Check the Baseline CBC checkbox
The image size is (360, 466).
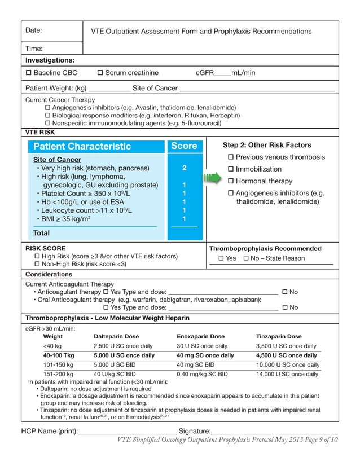29,73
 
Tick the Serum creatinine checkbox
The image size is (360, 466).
100,73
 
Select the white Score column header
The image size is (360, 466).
184,146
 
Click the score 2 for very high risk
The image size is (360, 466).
184,168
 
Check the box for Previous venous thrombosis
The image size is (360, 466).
230,157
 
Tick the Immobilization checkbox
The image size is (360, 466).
230,169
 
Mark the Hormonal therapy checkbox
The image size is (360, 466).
230,181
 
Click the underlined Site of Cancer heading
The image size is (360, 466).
57,160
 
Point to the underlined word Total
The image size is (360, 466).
41,233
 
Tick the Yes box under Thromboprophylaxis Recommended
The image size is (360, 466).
221,258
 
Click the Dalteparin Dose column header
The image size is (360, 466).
116,337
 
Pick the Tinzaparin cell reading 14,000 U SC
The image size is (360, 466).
287,374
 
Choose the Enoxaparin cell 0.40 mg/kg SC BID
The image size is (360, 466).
202,374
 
